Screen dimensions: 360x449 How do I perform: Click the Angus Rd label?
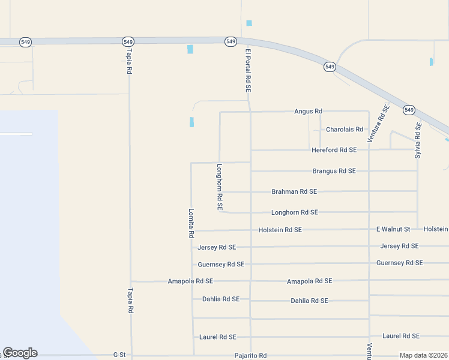(x=308, y=112)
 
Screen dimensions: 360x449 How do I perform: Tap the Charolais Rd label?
(x=344, y=130)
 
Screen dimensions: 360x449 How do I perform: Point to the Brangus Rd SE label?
(x=334, y=171)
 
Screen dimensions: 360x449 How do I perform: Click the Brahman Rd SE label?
(x=294, y=192)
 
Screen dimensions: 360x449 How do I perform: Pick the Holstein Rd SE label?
(x=280, y=230)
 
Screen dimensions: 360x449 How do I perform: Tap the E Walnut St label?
(x=393, y=229)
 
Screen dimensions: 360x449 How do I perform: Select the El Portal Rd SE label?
(x=247, y=70)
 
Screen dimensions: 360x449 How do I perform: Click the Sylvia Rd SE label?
(x=418, y=140)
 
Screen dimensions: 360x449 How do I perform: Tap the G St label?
(x=119, y=355)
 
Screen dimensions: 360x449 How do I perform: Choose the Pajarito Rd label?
(x=250, y=356)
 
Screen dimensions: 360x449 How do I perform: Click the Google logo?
(x=20, y=353)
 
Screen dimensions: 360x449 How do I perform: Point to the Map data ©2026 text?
(x=423, y=355)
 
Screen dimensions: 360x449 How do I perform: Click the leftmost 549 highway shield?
(x=25, y=42)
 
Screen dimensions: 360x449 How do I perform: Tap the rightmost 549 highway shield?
(x=409, y=110)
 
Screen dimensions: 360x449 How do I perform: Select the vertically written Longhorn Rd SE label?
(x=220, y=187)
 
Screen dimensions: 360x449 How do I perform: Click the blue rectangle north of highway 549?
(x=249, y=23)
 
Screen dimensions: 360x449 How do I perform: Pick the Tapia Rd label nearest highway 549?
(x=128, y=62)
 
